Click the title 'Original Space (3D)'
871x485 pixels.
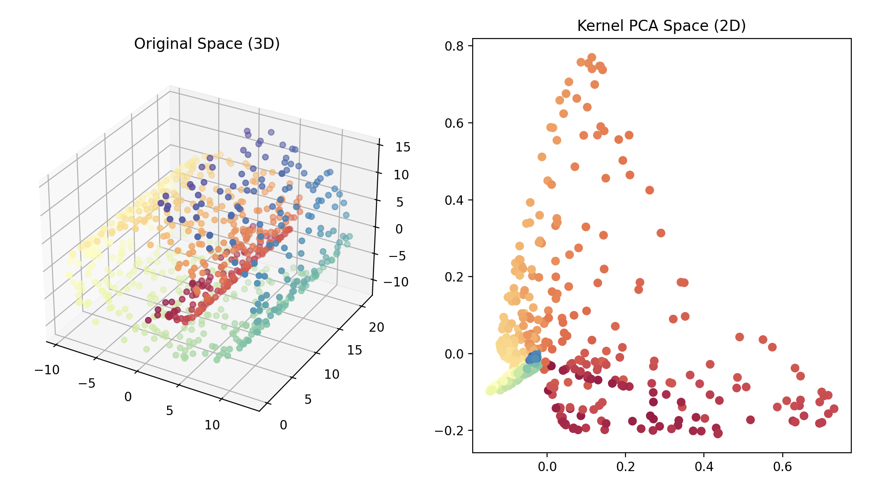coord(207,44)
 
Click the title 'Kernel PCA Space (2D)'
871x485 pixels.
coord(661,26)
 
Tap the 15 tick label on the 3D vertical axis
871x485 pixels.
coord(403,147)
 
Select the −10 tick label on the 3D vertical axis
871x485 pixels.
coord(396,282)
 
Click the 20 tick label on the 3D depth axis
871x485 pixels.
coord(376,328)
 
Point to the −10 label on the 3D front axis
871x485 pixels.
coord(47,370)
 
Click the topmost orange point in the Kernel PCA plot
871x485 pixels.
coord(591,57)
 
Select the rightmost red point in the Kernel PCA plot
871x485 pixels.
coord(834,409)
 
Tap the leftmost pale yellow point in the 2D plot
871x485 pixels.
coord(490,391)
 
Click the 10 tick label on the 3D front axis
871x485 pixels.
coord(212,425)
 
